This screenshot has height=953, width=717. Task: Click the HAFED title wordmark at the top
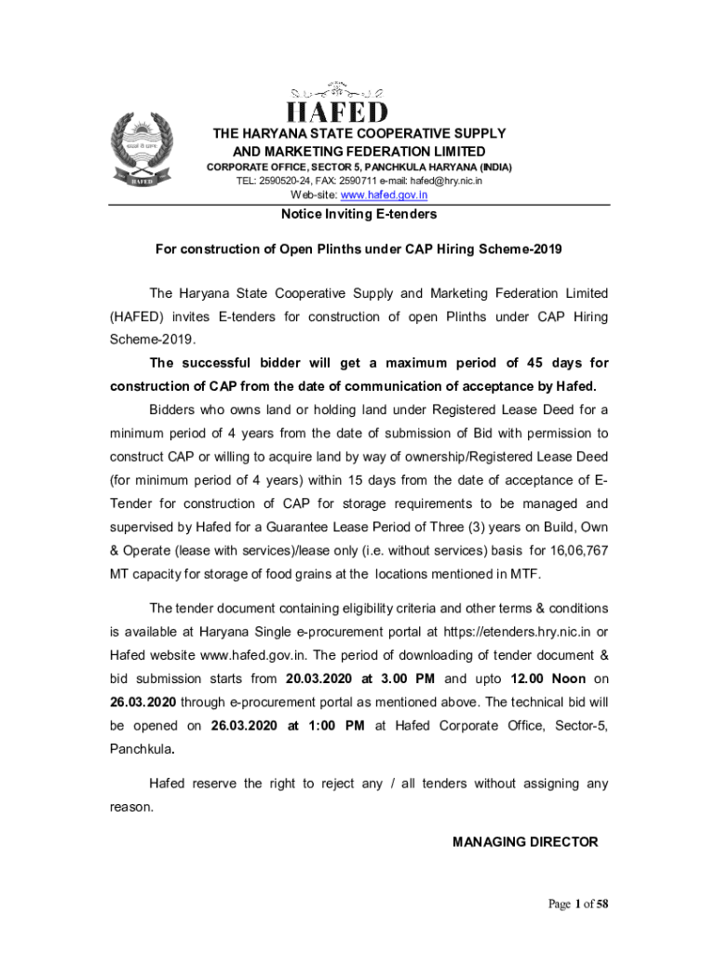coord(337,112)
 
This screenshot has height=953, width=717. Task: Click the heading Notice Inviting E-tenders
coord(359,214)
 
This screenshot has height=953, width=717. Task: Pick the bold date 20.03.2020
coord(318,678)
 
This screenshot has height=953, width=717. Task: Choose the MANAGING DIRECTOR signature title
coord(525,842)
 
